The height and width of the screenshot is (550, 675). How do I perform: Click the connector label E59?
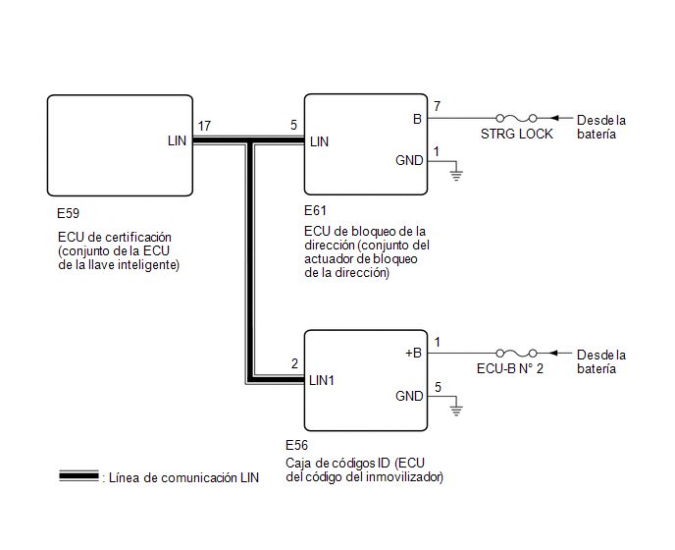68,213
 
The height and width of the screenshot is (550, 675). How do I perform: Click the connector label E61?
315,210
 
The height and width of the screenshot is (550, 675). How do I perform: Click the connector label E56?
296,445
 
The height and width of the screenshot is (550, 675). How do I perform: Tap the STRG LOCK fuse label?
517,134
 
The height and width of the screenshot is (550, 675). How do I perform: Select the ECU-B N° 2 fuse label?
510,368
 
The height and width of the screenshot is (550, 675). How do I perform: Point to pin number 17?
204,126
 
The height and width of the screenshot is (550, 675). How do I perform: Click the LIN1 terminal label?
322,380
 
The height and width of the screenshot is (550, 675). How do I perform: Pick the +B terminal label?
413,353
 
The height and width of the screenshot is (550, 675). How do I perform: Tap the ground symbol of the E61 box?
456,175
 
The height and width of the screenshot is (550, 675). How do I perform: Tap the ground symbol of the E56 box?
456,411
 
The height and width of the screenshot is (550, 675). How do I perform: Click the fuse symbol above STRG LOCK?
516,118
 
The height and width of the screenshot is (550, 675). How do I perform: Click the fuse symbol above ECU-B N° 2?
516,353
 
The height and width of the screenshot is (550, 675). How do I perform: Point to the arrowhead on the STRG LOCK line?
554,118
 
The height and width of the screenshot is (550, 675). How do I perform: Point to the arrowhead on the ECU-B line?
554,353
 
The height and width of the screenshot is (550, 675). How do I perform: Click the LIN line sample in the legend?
78,476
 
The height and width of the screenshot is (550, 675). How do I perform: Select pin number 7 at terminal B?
437,106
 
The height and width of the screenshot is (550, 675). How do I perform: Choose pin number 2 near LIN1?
294,363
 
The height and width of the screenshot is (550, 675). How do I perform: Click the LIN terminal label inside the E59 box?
177,140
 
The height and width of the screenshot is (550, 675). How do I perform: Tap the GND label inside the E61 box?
409,160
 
